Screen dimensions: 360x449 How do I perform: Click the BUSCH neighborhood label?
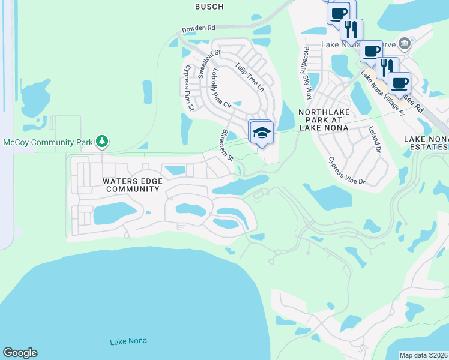coord(209,7)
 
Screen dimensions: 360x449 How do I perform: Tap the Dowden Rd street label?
coord(199,28)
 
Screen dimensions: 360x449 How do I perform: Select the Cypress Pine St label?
coord(187,88)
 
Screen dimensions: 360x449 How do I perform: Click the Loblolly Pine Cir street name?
coord(220,88)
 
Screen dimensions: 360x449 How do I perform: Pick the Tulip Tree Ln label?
coord(249,77)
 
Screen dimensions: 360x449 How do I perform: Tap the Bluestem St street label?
coord(227,145)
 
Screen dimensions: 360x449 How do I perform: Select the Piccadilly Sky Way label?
coord(307,73)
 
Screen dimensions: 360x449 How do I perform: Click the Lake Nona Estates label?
coord(426,143)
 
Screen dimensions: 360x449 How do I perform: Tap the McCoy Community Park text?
coord(48,142)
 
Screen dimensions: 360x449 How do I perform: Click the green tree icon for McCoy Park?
coord(103,141)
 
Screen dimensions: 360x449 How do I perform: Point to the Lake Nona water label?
coord(128,341)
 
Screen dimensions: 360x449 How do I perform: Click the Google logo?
coord(20,353)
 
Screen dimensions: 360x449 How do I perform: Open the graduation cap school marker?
coord(262,132)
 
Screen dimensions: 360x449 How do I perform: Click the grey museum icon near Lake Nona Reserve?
coord(405,43)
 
